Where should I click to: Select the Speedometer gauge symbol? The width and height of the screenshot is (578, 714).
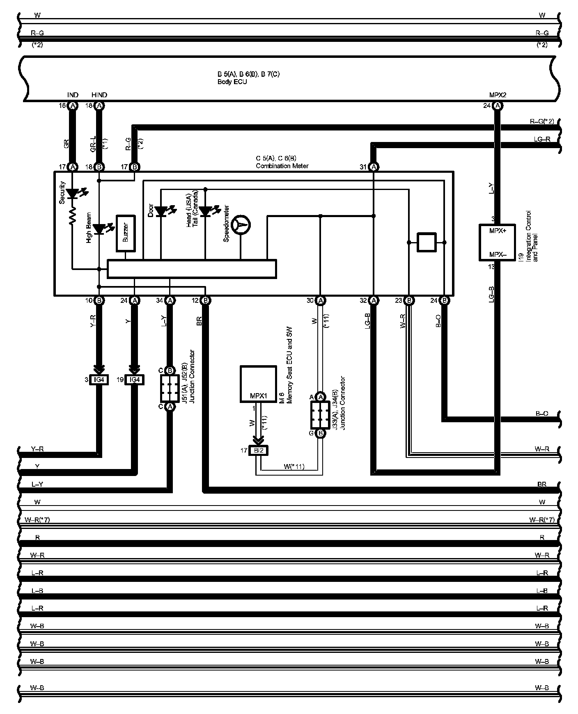point(241,225)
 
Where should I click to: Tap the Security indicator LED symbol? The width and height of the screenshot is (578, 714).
point(73,193)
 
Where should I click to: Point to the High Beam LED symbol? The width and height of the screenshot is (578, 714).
point(99,229)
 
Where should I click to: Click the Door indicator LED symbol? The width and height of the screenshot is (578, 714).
point(161,211)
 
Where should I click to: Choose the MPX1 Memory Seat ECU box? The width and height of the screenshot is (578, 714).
point(258,384)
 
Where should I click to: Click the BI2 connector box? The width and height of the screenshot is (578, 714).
point(259,450)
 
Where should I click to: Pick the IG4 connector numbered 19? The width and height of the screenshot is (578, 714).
point(135,380)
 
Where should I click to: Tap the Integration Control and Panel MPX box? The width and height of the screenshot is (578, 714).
point(498,242)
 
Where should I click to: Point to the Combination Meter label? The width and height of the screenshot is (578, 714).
point(282,166)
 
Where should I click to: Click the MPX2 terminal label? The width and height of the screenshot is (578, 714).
point(498,95)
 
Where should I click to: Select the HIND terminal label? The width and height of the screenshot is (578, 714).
point(99,95)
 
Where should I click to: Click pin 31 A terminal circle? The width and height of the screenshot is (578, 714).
point(374,167)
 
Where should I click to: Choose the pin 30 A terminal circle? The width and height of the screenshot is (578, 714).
point(321,300)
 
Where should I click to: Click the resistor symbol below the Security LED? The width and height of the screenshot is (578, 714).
point(73,216)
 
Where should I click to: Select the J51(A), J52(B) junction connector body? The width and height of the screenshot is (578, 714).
point(169,388)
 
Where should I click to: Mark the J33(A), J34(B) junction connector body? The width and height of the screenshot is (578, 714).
point(321,415)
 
